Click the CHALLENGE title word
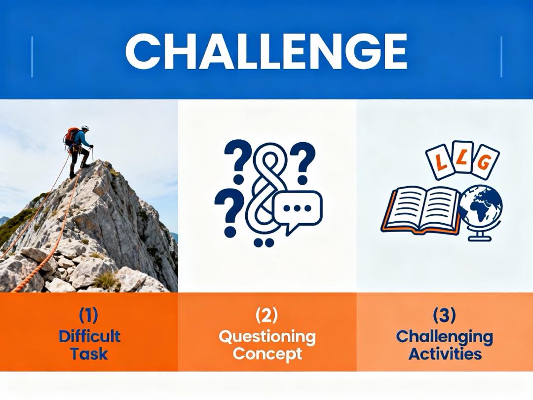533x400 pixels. click(266, 52)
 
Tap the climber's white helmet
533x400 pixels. click(85, 127)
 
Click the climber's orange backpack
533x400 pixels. click(71, 136)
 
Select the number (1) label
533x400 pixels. click(89, 315)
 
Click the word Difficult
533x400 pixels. click(89, 336)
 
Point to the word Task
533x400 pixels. click(89, 354)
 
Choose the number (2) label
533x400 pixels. click(266, 315)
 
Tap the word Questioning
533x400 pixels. click(267, 337)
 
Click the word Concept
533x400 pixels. click(267, 354)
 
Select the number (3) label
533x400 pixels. click(444, 315)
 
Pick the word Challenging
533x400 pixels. click(444, 337)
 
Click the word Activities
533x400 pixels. click(445, 354)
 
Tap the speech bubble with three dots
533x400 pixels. click(298, 210)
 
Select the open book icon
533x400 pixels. click(420, 209)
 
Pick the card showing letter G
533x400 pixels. click(485, 161)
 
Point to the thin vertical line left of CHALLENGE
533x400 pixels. click(32, 56)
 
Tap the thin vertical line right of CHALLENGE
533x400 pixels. click(501, 56)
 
